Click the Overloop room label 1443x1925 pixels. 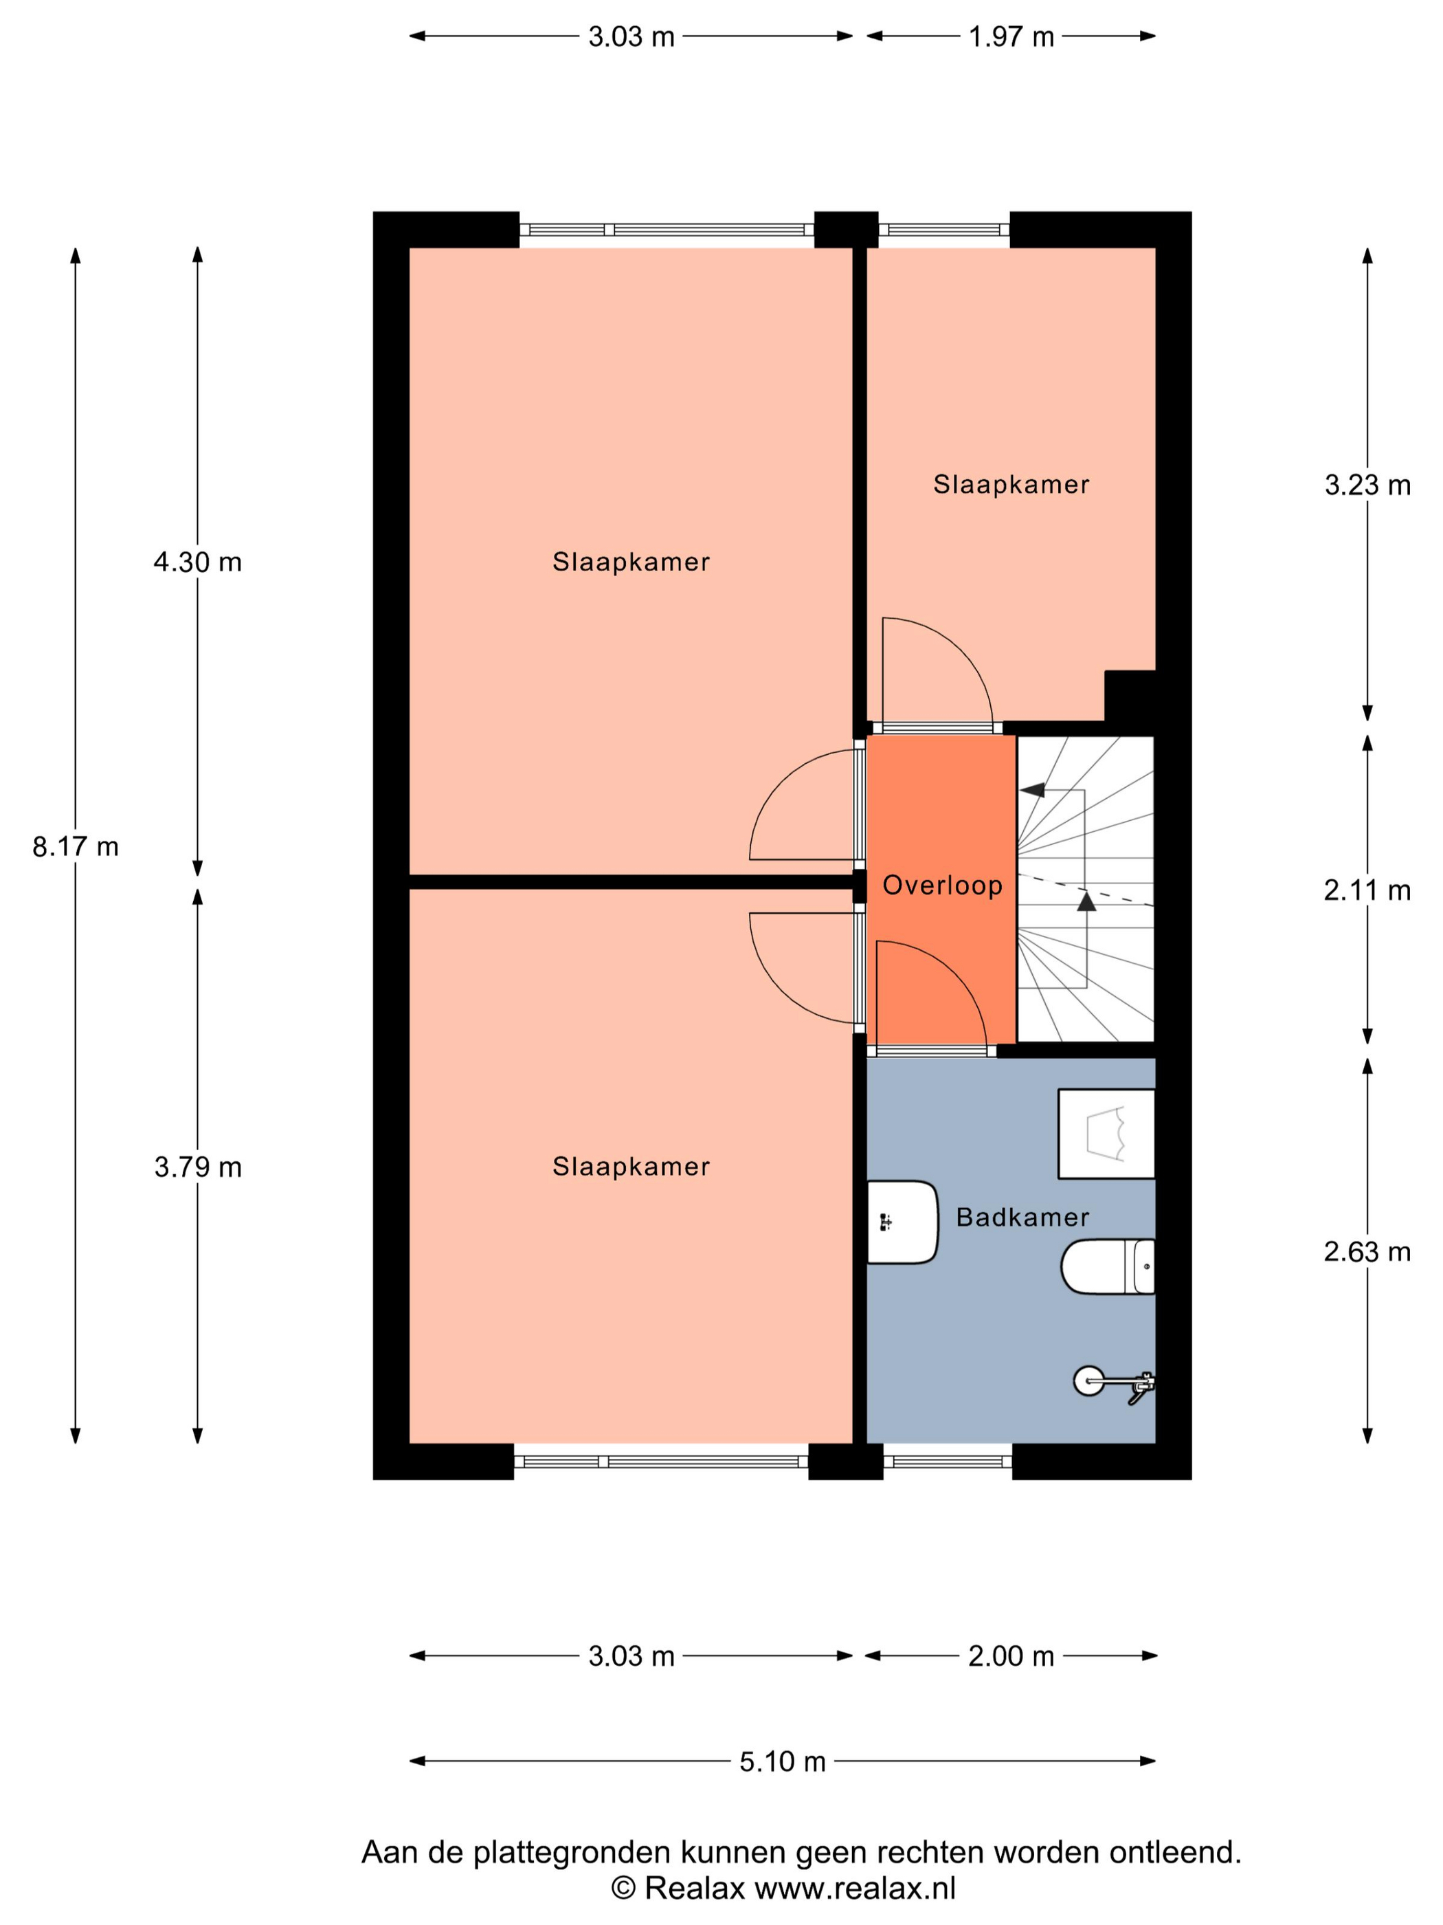click(x=942, y=886)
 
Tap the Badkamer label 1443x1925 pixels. click(x=1022, y=1217)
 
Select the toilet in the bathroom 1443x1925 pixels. click(x=1107, y=1266)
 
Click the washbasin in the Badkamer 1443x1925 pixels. click(x=903, y=1222)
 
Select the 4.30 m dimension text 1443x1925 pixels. click(x=197, y=562)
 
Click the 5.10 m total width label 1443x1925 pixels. click(x=782, y=1761)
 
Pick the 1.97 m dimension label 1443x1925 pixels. click(x=1011, y=36)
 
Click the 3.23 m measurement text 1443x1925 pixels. click(x=1367, y=485)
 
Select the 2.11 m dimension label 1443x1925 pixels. click(x=1367, y=890)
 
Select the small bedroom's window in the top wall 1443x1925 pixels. click(x=943, y=230)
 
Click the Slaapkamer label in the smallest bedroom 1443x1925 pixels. click(x=1011, y=485)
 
